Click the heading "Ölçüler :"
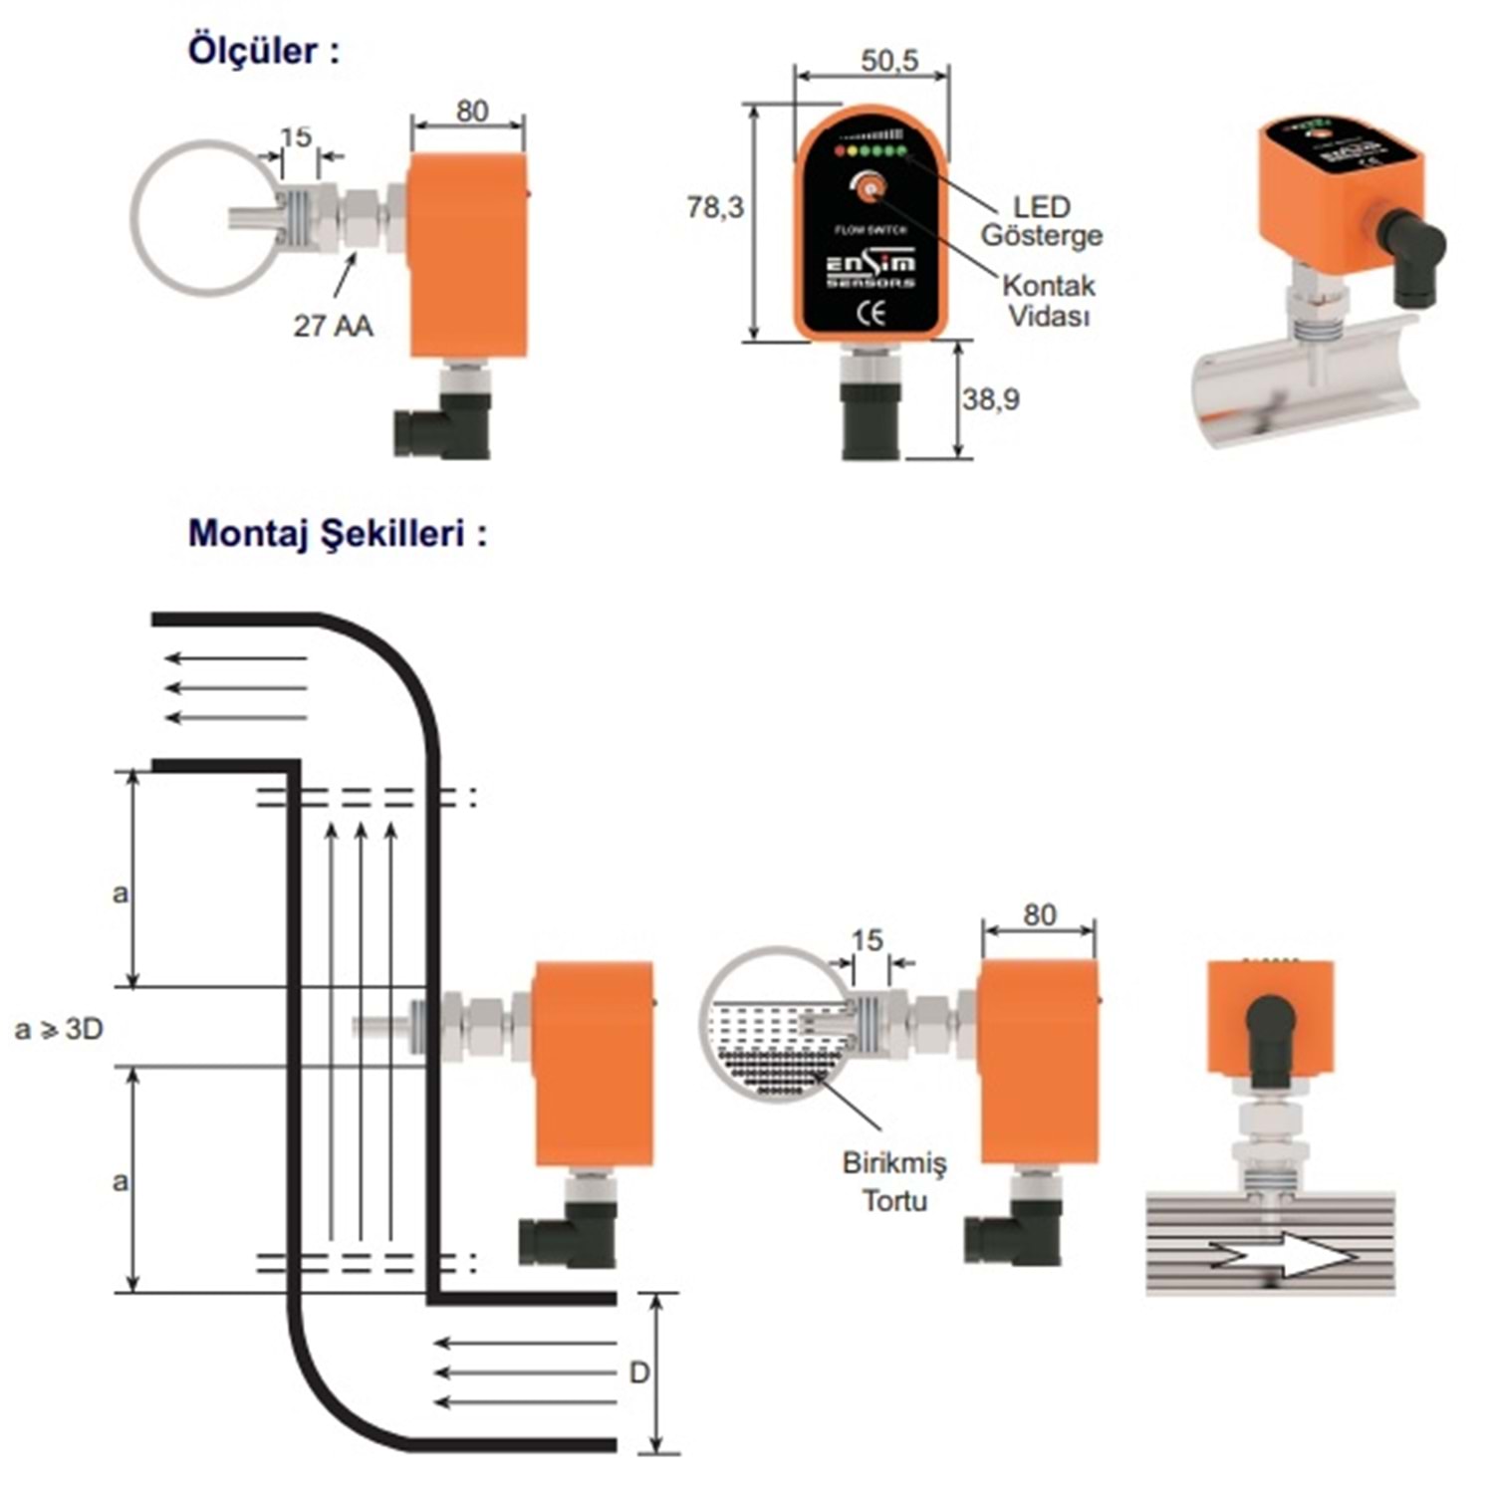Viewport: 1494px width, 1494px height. [263, 51]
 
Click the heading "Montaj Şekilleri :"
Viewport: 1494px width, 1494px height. [337, 533]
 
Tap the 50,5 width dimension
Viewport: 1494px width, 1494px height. [889, 61]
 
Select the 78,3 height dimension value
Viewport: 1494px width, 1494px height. [715, 207]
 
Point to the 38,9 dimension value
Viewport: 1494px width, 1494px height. [990, 399]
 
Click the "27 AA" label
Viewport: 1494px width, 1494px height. [333, 326]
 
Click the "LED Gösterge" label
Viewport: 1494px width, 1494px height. [1041, 221]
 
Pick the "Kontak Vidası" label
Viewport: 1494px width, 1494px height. [1048, 300]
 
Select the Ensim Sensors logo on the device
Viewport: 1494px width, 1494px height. [871, 270]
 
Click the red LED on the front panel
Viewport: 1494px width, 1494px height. [840, 151]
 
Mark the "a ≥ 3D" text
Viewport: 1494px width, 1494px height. [60, 1029]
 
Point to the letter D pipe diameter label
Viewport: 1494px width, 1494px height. [638, 1372]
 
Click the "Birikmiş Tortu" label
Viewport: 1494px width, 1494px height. [894, 1181]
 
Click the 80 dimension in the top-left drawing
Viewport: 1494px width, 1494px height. [472, 111]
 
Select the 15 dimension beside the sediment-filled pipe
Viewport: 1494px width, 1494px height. [867, 940]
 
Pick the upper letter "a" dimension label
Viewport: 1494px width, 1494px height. [120, 893]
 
